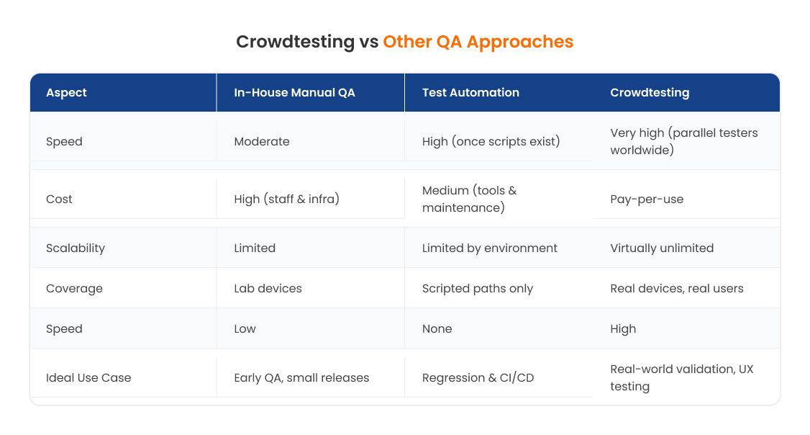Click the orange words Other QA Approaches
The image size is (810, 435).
tap(478, 42)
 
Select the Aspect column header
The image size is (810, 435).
tap(66, 92)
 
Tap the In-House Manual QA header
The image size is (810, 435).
tap(294, 92)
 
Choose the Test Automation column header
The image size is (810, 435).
tap(470, 92)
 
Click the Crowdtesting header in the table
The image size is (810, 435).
tap(650, 92)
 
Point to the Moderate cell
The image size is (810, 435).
tap(262, 141)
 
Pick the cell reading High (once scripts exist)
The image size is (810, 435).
tap(491, 141)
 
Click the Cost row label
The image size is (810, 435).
tap(59, 199)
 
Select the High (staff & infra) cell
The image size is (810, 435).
tap(286, 199)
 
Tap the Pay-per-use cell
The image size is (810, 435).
tap(647, 199)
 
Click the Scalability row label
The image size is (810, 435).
tap(76, 248)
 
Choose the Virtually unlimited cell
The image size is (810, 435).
tap(662, 248)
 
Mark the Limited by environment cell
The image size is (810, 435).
tap(490, 248)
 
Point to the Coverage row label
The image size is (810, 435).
tap(74, 288)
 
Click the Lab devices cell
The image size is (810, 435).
tap(268, 288)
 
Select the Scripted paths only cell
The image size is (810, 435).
tap(478, 288)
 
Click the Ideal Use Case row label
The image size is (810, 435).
tap(88, 377)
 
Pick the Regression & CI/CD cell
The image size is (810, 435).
tap(478, 377)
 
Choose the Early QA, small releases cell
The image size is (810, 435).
tap(301, 377)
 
